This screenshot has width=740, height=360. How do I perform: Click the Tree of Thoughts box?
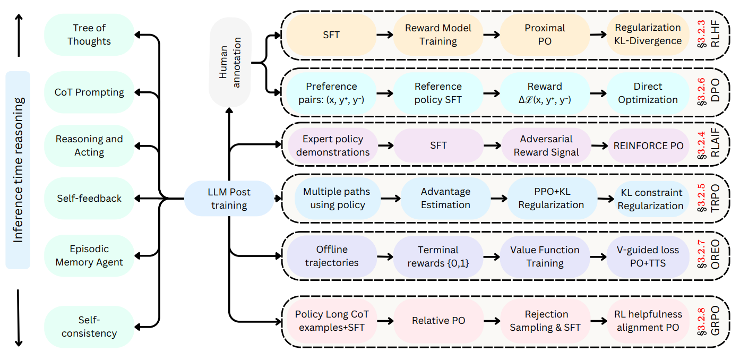(x=89, y=35)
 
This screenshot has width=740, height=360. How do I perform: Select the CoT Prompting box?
(x=89, y=92)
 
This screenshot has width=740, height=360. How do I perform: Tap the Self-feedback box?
(x=89, y=199)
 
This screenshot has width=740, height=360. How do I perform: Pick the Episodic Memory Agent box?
(x=89, y=255)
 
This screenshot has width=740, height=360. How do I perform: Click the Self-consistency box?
(x=89, y=327)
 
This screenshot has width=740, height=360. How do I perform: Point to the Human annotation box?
(x=230, y=62)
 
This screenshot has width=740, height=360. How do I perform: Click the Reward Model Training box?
(x=438, y=35)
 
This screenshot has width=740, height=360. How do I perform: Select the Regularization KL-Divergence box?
(x=648, y=35)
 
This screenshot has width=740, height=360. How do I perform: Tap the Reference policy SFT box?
(x=438, y=93)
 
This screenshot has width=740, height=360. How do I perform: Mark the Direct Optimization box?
(x=648, y=93)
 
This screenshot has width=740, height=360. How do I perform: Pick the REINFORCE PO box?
(x=648, y=145)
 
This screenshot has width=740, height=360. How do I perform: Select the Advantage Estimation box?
(x=445, y=198)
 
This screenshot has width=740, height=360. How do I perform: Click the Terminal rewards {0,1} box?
(x=438, y=256)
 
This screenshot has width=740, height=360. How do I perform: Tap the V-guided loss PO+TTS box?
(x=648, y=256)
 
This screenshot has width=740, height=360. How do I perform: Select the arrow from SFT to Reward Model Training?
(x=385, y=35)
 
